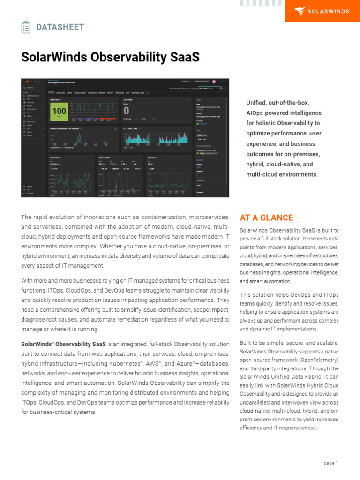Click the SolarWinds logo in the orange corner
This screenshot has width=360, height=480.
point(322,10)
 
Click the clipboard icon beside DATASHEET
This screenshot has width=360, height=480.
point(26,27)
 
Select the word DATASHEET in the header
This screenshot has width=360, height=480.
point(60,27)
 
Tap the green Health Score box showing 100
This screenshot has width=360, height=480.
point(59,112)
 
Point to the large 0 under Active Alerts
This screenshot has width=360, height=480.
point(126,111)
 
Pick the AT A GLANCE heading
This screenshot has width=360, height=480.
point(266,217)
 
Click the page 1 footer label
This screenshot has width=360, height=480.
point(330,463)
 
